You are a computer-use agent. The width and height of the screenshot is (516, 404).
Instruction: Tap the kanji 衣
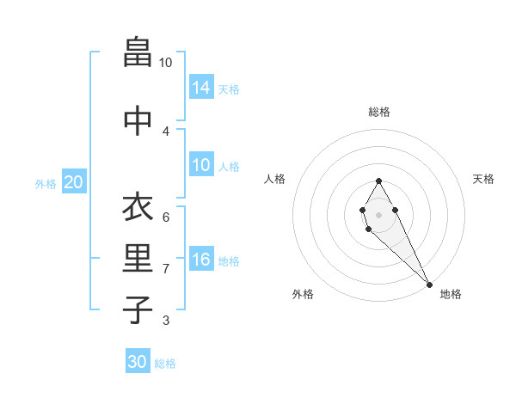point(136,207)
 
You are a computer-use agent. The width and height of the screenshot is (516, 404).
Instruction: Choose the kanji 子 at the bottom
point(136,310)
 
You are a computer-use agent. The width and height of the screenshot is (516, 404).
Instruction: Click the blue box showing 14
point(201,88)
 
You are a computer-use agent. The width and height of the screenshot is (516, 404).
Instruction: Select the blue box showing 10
point(201,165)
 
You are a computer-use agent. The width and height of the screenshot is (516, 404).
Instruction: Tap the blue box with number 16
point(201,260)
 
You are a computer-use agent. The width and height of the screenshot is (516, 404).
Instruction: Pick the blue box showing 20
point(74,182)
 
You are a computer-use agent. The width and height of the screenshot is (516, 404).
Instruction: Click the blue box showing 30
point(138,362)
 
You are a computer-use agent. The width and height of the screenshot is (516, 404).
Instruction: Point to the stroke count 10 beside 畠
point(165,63)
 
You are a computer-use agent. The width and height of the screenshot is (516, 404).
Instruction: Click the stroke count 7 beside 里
point(165,269)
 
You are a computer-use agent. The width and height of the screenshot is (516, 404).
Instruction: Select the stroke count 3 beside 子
point(165,321)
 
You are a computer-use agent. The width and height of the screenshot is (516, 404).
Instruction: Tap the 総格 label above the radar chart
point(378,112)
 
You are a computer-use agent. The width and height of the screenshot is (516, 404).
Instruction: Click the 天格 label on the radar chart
point(483,179)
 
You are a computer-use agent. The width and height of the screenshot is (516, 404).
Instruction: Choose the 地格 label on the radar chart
point(451,294)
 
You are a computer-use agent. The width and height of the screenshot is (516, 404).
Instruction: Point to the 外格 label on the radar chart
point(303,294)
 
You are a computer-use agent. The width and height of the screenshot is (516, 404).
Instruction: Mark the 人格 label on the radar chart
point(275,179)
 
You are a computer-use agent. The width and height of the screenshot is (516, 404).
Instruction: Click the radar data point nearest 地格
point(429,285)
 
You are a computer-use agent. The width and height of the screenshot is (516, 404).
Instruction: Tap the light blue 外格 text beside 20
point(45,183)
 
